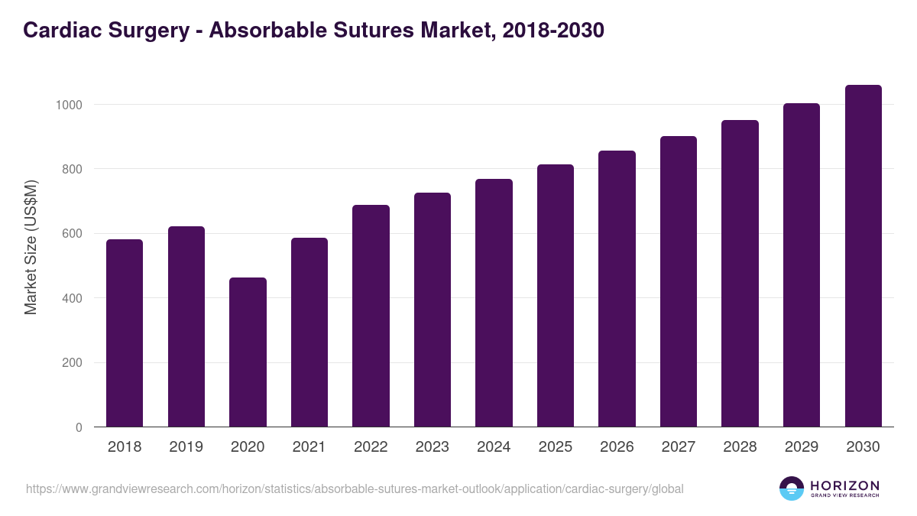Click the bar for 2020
[248, 352]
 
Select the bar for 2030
[863, 256]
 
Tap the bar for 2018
[125, 333]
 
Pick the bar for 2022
[371, 316]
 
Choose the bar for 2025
[555, 296]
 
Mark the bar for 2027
[678, 281]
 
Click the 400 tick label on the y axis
[73, 298]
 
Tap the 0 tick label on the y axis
[79, 427]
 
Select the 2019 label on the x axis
[186, 447]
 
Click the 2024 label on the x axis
[494, 447]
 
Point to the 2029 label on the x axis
[801, 447]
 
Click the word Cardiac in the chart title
[60, 30]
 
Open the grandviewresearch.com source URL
[355, 488]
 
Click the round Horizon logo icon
[791, 488]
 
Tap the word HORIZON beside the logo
[844, 485]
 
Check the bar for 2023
[432, 310]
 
